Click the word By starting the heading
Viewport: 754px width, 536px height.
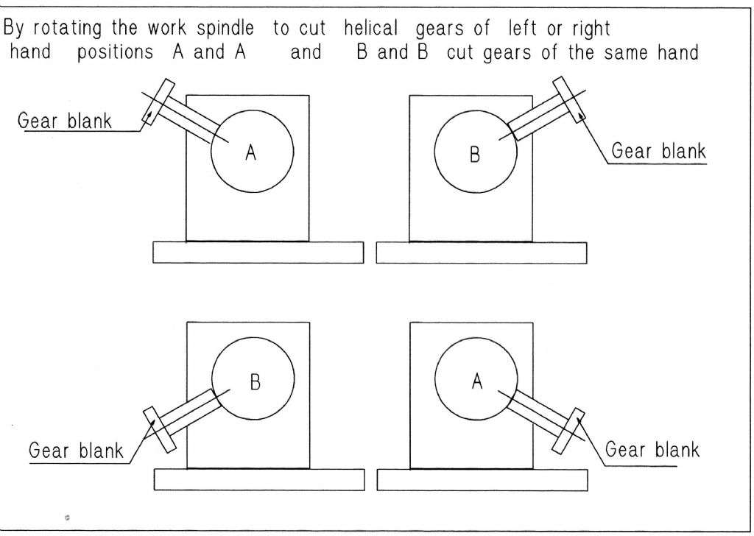click(15, 29)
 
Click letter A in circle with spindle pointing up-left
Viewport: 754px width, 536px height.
click(251, 153)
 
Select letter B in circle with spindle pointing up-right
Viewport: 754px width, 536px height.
click(475, 155)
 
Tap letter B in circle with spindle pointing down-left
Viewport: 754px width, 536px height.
click(254, 383)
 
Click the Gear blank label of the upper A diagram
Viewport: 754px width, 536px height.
click(65, 121)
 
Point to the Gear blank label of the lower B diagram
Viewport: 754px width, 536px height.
click(76, 450)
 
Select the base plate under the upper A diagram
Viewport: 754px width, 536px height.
click(258, 252)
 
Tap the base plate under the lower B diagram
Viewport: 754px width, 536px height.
click(258, 479)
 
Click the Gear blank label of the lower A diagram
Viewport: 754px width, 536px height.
click(652, 448)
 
